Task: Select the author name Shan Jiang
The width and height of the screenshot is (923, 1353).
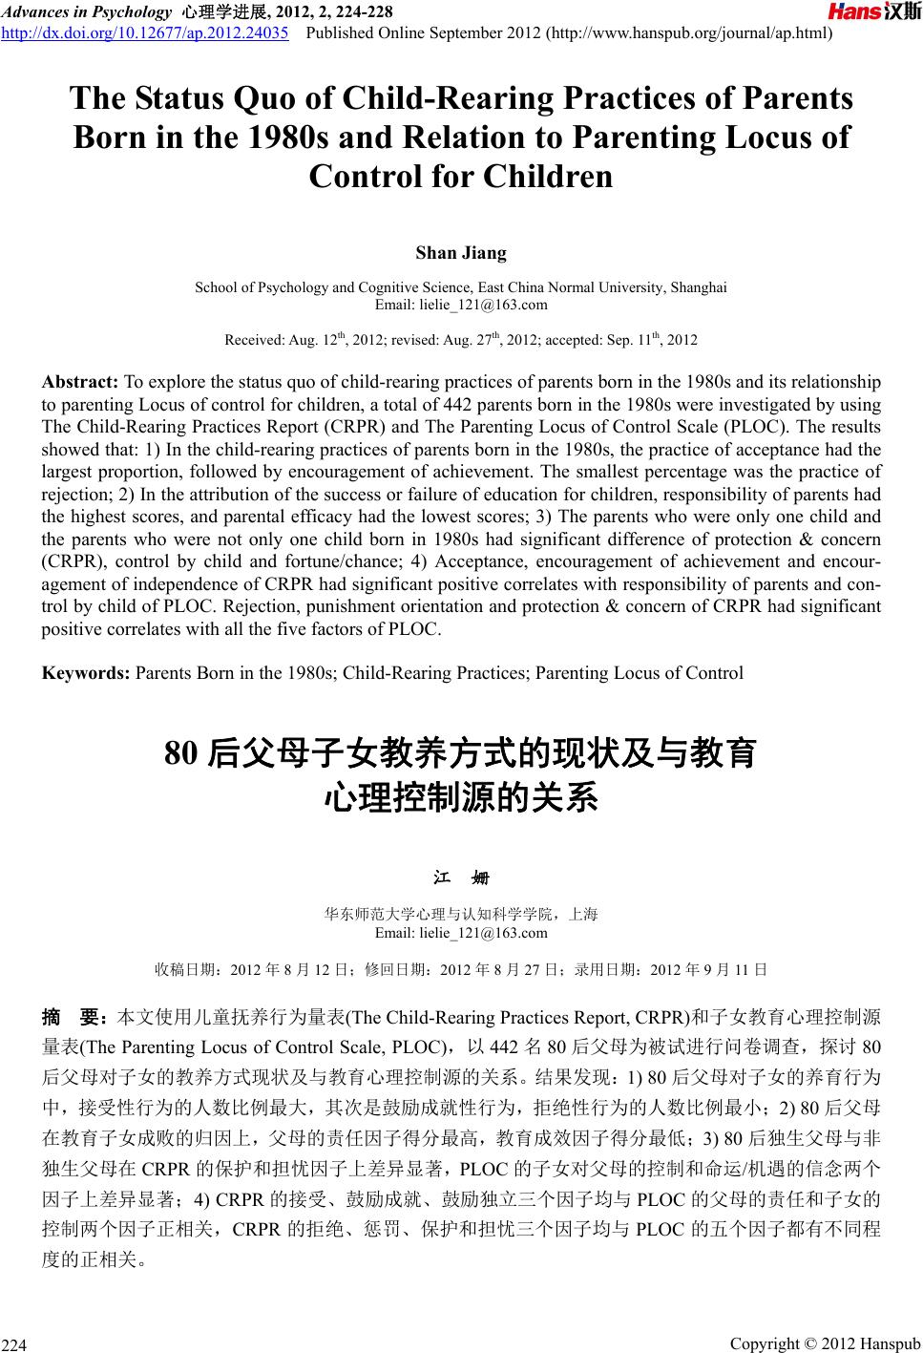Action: [461, 253]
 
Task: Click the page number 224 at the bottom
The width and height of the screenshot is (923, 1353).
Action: [14, 1344]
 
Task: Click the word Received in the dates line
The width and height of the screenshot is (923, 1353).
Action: [251, 340]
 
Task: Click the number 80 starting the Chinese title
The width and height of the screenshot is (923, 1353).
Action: [181, 754]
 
